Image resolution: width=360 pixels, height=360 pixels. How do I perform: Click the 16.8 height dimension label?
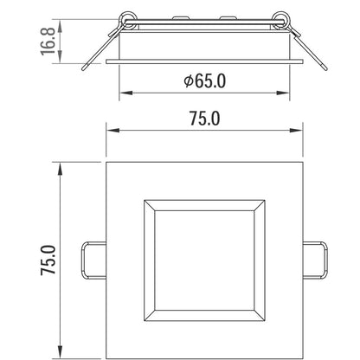[x=48, y=41]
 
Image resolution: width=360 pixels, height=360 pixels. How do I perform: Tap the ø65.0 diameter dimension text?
[x=204, y=81]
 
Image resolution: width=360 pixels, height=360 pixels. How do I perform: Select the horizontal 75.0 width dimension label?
[x=204, y=119]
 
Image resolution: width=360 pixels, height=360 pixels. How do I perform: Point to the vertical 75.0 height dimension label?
[x=48, y=260]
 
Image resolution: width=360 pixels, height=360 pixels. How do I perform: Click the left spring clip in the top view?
[x=93, y=260]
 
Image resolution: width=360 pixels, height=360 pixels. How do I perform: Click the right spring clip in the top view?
[x=315, y=260]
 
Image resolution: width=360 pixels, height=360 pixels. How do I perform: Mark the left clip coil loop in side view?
[x=128, y=21]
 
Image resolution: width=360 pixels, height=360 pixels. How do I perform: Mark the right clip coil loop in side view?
[x=281, y=21]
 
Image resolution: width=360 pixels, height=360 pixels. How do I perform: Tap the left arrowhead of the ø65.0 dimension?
[x=125, y=93]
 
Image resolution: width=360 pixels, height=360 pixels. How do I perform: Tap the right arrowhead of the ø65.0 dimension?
[x=283, y=93]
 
